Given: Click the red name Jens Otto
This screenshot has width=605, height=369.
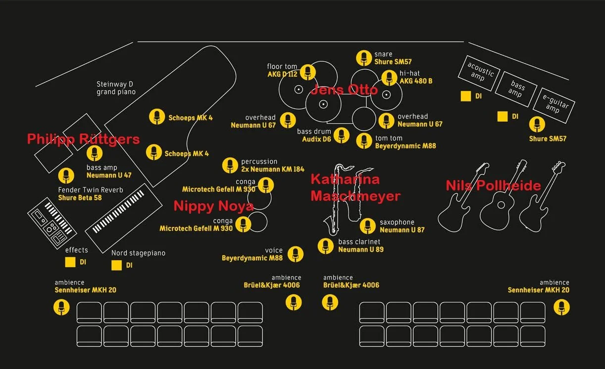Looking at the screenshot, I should pyautogui.click(x=344, y=90).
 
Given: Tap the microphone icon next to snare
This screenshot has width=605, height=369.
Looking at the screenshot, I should pyautogui.click(x=364, y=58).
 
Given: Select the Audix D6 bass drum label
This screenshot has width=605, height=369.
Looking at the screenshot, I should pyautogui.click(x=316, y=139).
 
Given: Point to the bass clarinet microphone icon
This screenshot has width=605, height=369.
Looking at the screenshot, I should pyautogui.click(x=326, y=246).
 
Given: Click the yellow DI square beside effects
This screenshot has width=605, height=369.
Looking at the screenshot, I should pyautogui.click(x=70, y=262).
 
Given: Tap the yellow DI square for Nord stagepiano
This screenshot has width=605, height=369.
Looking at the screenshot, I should pyautogui.click(x=116, y=265).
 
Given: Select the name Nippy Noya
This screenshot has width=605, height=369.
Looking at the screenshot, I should pyautogui.click(x=213, y=206).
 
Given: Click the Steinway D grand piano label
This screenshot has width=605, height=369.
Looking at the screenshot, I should pyautogui.click(x=116, y=88).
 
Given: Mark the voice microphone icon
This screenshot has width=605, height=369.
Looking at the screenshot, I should pyautogui.click(x=296, y=254).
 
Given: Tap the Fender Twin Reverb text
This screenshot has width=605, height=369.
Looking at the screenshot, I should pyautogui.click(x=91, y=190).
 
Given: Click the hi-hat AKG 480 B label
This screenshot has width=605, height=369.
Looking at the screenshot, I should pyautogui.click(x=416, y=77).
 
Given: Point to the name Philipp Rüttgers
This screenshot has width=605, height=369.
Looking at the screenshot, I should pyautogui.click(x=83, y=139).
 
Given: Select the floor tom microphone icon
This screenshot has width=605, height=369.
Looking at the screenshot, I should pyautogui.click(x=308, y=72).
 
